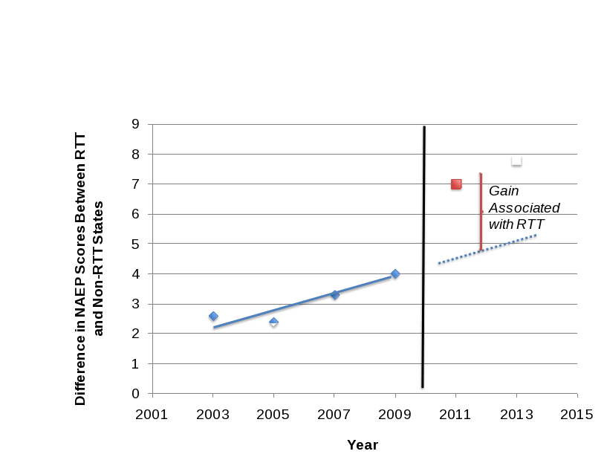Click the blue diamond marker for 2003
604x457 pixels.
213,317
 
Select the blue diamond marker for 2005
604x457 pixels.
273,323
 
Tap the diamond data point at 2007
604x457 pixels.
334,296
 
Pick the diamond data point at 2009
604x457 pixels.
395,275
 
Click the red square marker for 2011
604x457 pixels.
456,185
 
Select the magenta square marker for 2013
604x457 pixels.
516,161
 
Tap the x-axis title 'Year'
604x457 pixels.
363,445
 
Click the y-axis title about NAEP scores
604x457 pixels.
88,269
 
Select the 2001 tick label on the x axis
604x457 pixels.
152,415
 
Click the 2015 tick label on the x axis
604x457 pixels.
577,415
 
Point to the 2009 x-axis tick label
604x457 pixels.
395,415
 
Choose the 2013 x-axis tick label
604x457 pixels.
516,415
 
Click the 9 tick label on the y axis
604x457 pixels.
135,124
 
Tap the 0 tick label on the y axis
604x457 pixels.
135,393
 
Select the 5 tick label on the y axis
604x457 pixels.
135,244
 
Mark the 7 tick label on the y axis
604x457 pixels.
135,184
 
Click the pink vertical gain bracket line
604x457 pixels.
480,212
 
